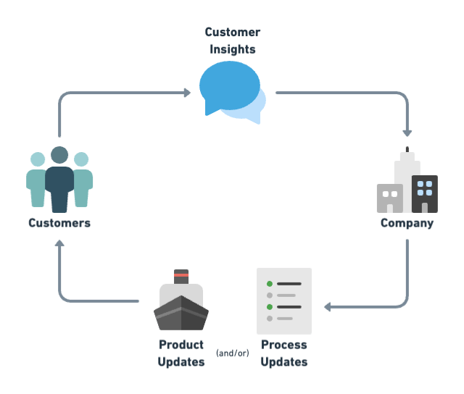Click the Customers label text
[59, 223]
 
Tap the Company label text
[407, 223]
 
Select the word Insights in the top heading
[232, 49]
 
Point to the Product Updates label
[181, 353]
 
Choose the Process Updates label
[284, 353]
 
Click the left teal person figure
[36, 181]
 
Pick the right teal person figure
[83, 181]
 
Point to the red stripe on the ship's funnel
[181, 276]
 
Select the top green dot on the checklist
[270, 284]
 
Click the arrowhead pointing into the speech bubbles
[187, 93]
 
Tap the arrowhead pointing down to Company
[407, 133]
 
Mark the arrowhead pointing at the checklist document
[328, 307]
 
